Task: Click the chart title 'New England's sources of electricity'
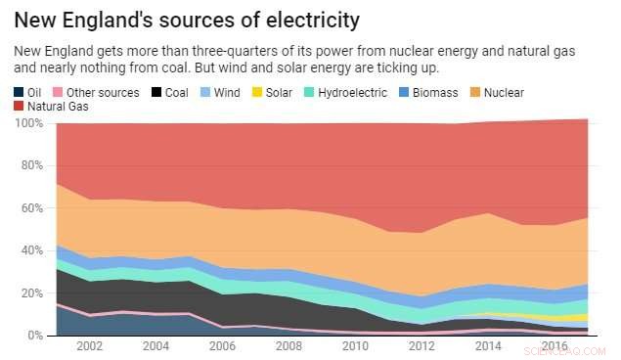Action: tap(186, 20)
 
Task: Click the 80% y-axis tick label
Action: tap(32, 165)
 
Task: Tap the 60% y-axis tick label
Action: tap(32, 208)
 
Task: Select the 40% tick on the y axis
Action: tap(32, 250)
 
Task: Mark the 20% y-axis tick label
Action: tap(32, 293)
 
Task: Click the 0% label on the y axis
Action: tap(35, 336)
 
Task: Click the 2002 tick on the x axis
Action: tap(90, 347)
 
